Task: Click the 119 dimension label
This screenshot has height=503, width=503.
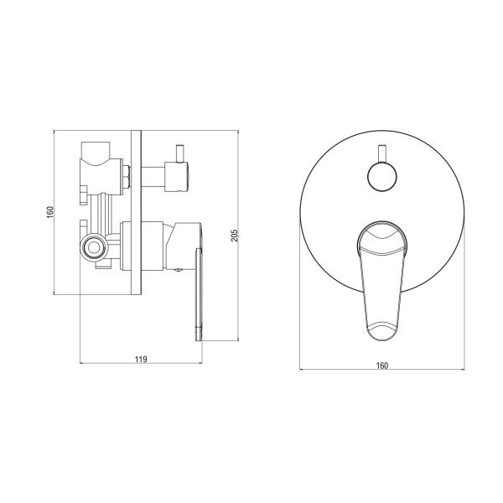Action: pyautogui.click(x=141, y=359)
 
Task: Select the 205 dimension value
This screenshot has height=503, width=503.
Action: pyautogui.click(x=235, y=236)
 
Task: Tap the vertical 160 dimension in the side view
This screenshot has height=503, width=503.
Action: pyautogui.click(x=50, y=212)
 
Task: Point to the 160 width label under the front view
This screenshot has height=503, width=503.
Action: pyautogui.click(x=382, y=366)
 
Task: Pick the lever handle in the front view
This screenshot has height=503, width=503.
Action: pyautogui.click(x=382, y=281)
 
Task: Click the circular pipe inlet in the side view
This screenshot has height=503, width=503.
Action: pyautogui.click(x=94, y=247)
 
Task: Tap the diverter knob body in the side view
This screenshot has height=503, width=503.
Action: pyautogui.click(x=177, y=177)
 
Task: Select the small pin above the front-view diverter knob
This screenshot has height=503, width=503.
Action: pyautogui.click(x=382, y=153)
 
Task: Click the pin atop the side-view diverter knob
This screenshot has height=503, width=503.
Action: pyautogui.click(x=180, y=153)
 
